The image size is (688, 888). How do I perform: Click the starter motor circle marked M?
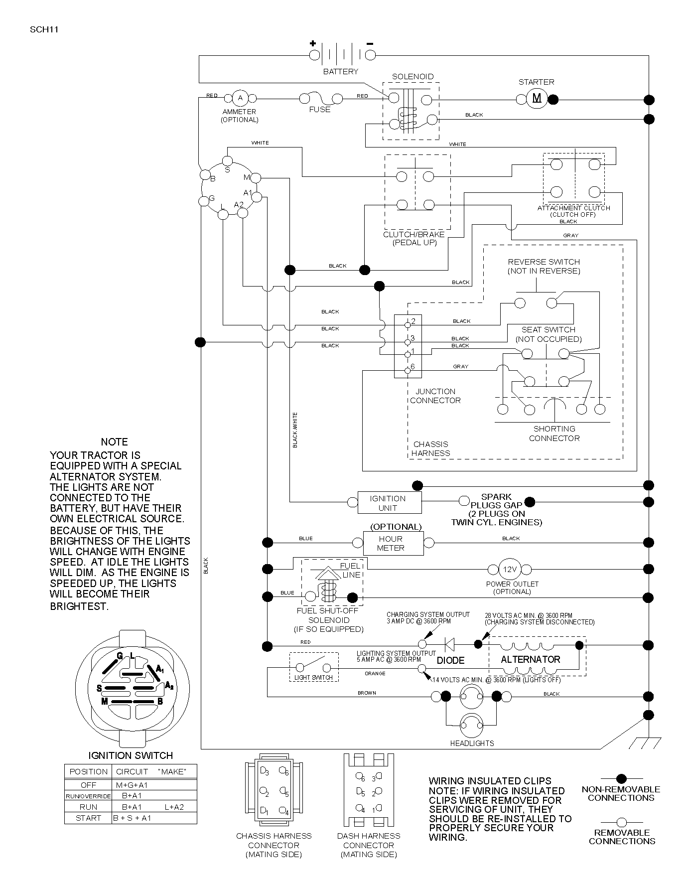[537, 98]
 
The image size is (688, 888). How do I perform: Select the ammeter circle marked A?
[240, 98]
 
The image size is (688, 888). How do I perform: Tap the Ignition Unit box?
[390, 503]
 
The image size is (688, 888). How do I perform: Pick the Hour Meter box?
[393, 543]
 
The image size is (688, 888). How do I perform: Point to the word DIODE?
[450, 660]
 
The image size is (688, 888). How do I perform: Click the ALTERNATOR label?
[531, 659]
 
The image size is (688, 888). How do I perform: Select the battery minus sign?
[370, 43]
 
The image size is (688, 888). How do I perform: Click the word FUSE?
[320, 109]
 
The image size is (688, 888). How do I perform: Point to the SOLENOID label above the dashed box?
[413, 76]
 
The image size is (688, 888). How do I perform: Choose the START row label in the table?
[89, 818]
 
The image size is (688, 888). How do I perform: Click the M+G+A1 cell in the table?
[132, 785]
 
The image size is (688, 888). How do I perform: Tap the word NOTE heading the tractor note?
[114, 442]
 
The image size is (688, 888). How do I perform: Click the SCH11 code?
[44, 29]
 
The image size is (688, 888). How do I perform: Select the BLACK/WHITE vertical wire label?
[295, 430]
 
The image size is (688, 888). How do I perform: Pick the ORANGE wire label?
[375, 673]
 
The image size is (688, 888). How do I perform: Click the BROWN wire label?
[367, 693]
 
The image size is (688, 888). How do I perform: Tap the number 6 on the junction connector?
[413, 367]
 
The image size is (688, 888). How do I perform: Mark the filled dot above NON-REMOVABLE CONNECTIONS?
[621, 778]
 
